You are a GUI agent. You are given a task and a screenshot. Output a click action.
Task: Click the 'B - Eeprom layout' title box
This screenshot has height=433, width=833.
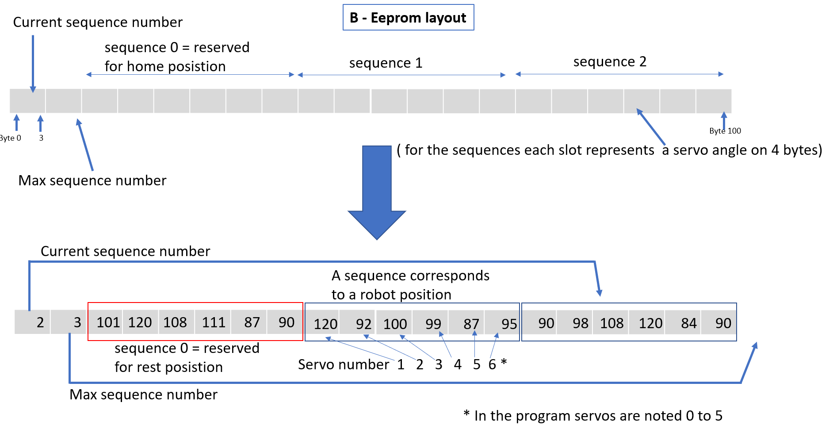[408, 18]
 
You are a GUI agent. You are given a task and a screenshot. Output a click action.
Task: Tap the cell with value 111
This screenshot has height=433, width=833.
[213, 322]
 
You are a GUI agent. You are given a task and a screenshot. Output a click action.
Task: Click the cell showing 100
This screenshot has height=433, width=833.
[394, 324]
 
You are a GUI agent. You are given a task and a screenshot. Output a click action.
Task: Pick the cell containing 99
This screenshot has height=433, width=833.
[432, 324]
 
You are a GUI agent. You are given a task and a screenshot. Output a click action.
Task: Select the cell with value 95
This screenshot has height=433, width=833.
[508, 324]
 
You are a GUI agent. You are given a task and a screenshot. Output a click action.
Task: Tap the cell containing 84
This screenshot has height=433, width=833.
[688, 323]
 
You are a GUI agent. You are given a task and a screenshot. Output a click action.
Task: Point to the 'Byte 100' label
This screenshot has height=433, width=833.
[725, 131]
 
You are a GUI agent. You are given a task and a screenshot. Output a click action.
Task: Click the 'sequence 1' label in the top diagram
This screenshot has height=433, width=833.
[386, 63]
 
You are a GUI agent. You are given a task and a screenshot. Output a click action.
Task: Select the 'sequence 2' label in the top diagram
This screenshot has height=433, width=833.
[610, 61]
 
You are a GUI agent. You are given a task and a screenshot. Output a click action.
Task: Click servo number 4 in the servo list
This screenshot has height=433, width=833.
[458, 364]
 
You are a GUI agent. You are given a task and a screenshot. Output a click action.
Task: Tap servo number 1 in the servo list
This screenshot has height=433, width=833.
[401, 364]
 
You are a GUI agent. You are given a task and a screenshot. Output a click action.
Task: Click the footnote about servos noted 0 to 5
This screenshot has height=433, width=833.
[592, 416]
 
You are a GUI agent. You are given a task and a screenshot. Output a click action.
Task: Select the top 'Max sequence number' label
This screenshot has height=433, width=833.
[92, 180]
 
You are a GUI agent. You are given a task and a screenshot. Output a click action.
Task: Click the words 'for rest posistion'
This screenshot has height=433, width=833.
[168, 367]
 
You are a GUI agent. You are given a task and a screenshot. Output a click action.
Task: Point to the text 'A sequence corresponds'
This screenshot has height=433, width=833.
[410, 276]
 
